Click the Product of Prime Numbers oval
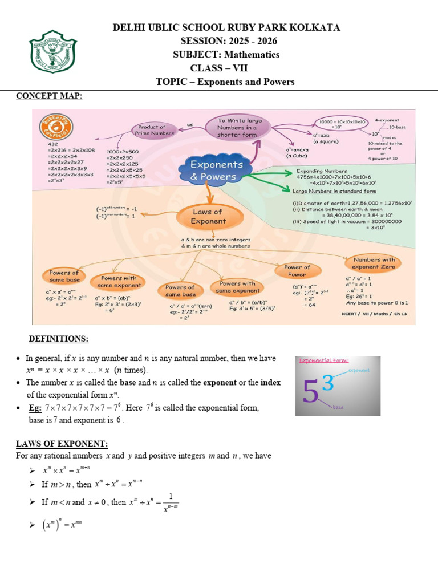[x=152, y=130]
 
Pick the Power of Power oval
[x=297, y=271]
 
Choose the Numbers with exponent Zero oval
[x=374, y=263]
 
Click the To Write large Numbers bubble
[x=240, y=128]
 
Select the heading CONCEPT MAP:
[x=48, y=96]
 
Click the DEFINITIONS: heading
[x=59, y=339]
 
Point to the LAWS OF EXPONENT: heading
[x=62, y=444]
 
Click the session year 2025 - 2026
[x=247, y=41]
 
